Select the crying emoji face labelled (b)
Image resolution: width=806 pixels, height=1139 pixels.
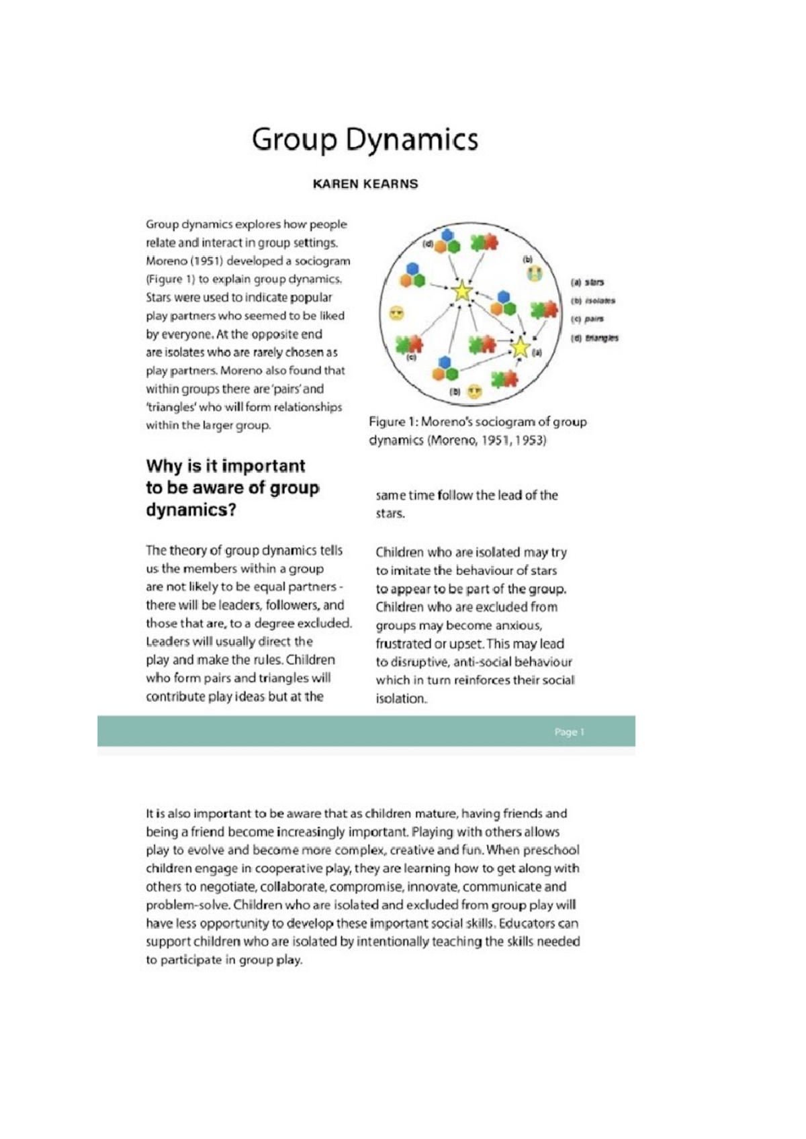coord(534,273)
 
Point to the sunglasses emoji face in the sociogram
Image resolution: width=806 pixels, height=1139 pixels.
coord(397,313)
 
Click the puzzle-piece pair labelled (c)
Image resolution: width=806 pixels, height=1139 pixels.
coord(409,345)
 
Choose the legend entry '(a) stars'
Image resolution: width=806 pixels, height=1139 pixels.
coord(587,282)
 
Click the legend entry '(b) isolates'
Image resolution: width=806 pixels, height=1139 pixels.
coord(592,301)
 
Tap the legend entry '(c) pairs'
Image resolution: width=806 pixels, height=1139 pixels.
coord(587,319)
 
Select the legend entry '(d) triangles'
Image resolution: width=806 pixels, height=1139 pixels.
coord(594,338)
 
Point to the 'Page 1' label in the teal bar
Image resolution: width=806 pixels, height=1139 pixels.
coord(569,732)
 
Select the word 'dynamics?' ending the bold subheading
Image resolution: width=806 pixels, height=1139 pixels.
coord(191,510)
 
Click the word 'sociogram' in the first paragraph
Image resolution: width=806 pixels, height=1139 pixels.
coord(322,261)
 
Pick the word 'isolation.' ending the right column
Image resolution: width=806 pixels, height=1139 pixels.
coord(401,698)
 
